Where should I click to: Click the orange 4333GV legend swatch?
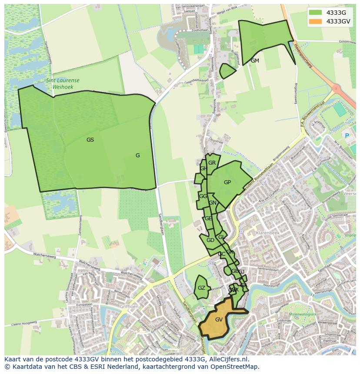click(x=316, y=21)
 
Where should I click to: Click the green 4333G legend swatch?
click(x=316, y=12)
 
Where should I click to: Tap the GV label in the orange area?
click(x=219, y=320)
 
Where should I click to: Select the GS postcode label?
click(x=90, y=140)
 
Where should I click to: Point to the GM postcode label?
click(x=255, y=61)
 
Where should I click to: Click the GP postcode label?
click(x=227, y=182)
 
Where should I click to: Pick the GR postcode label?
click(x=212, y=163)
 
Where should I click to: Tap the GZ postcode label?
click(x=201, y=288)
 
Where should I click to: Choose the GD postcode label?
click(x=210, y=240)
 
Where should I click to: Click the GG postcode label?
click(x=203, y=196)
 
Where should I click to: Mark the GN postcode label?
click(x=213, y=203)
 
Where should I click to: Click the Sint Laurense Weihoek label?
click(x=63, y=83)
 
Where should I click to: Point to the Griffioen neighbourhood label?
click(x=130, y=306)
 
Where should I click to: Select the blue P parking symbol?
click(x=347, y=136)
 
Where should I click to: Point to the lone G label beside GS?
click(x=137, y=156)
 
